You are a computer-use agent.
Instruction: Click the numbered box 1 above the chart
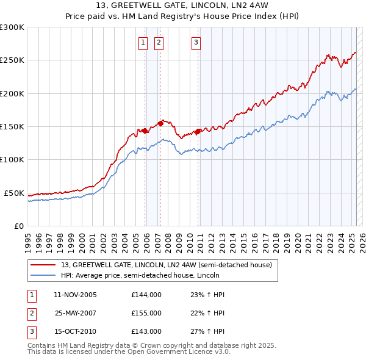(143, 42)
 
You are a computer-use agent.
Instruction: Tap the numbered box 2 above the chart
(159, 42)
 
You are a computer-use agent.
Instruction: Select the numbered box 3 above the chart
(196, 42)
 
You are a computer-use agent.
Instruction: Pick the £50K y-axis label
(13, 193)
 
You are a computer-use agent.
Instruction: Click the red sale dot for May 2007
(160, 123)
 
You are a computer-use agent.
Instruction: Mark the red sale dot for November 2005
(145, 131)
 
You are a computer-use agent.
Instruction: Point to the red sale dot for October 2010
(198, 131)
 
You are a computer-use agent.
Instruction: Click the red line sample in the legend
(43, 264)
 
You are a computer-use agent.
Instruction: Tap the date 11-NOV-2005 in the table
(76, 295)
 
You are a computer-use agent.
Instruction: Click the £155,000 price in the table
(146, 313)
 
